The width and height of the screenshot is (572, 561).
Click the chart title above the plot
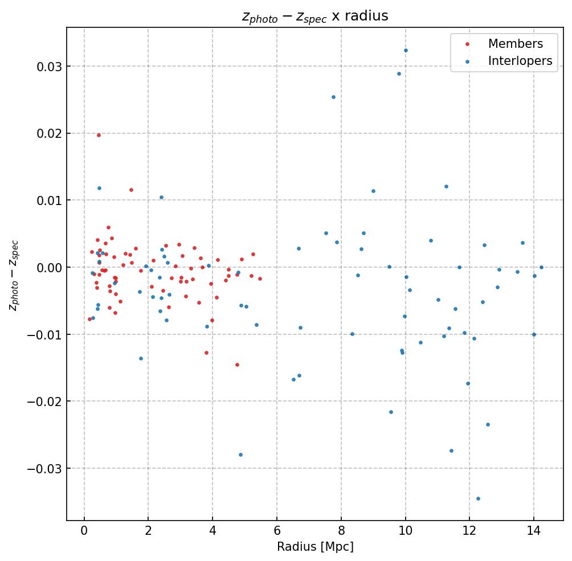[x=315, y=16]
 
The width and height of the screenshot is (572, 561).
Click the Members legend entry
[x=515, y=44]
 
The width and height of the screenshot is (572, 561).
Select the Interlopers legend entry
[x=520, y=61]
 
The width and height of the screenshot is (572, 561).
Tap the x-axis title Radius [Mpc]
[x=315, y=546]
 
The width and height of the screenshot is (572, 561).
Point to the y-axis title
[x=14, y=275]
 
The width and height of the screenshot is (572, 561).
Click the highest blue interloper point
[x=406, y=50]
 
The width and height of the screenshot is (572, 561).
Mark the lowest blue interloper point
[x=478, y=498]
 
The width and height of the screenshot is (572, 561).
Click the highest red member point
[x=99, y=135]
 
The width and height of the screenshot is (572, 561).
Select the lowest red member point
[x=237, y=365]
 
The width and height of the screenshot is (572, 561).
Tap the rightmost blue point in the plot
[x=541, y=267]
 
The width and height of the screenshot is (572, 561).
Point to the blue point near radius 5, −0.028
[x=240, y=454]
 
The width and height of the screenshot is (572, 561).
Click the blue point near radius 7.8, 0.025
[x=333, y=97]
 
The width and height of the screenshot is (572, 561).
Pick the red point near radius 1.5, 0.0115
[x=131, y=190]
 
